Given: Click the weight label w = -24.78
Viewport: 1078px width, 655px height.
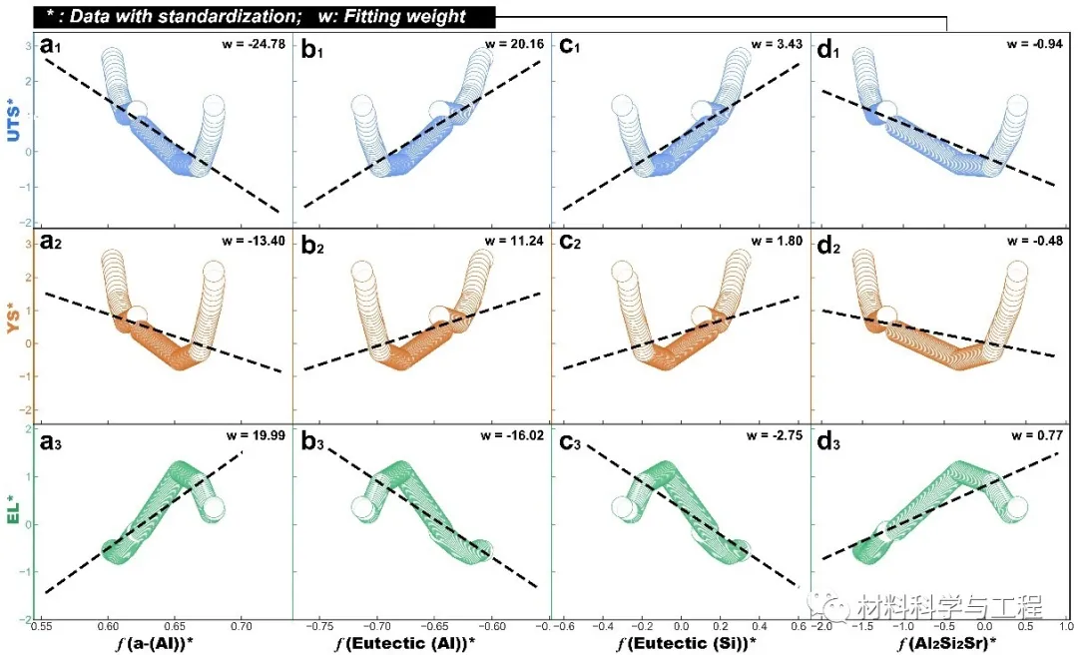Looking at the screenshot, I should click(x=254, y=45).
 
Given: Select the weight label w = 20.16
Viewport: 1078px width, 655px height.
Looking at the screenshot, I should click(x=514, y=45).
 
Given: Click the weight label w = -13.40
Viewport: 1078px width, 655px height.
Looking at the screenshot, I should click(x=254, y=241).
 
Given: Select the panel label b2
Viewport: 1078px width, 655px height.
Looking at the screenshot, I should click(x=311, y=244).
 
